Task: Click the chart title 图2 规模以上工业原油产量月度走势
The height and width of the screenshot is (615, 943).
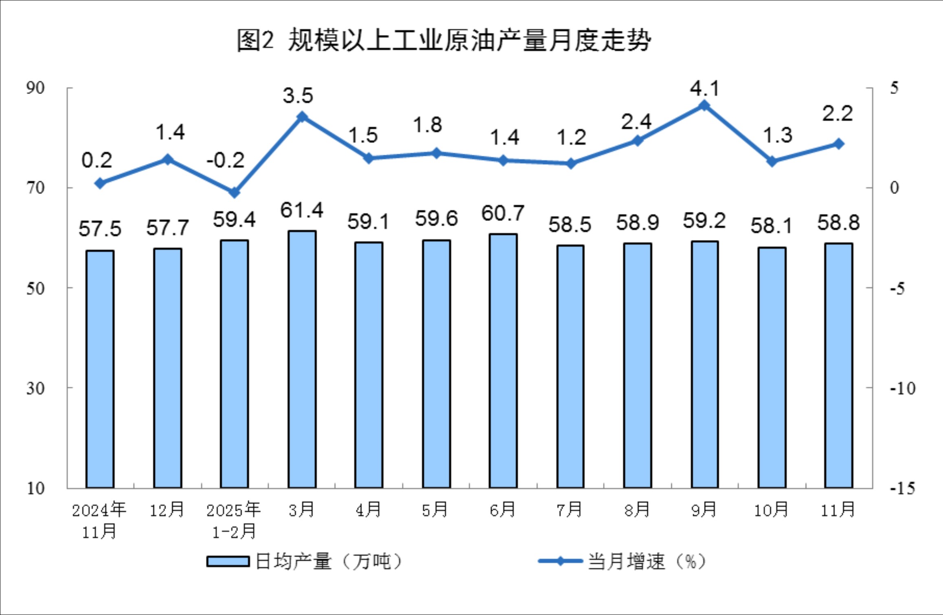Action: click(444, 41)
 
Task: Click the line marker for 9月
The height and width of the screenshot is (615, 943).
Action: click(704, 106)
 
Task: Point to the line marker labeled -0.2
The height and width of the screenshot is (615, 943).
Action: click(234, 192)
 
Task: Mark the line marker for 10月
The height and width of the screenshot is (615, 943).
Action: click(772, 161)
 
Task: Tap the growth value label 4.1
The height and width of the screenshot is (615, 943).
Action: click(704, 89)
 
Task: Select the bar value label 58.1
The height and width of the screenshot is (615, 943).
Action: click(772, 226)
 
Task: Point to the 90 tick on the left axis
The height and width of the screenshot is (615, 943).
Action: click(35, 88)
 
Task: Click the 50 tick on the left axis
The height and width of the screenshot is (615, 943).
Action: click(35, 288)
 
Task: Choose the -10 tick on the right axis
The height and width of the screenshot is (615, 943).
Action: click(902, 388)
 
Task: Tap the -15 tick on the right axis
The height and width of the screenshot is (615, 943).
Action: click(902, 488)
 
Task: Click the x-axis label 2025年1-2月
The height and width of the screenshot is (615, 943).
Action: click(234, 521)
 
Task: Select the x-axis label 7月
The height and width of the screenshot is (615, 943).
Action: click(570, 510)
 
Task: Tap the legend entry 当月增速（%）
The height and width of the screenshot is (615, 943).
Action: click(623, 562)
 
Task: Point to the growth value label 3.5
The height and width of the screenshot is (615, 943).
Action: click(298, 96)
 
